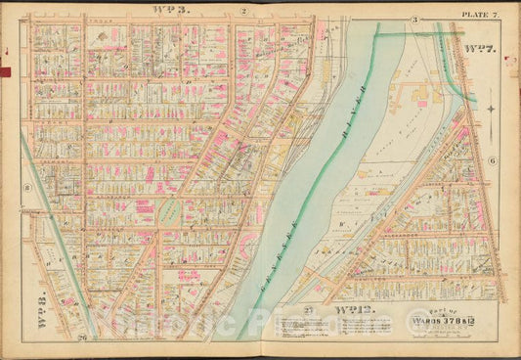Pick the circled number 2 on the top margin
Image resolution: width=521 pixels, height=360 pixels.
240,11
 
